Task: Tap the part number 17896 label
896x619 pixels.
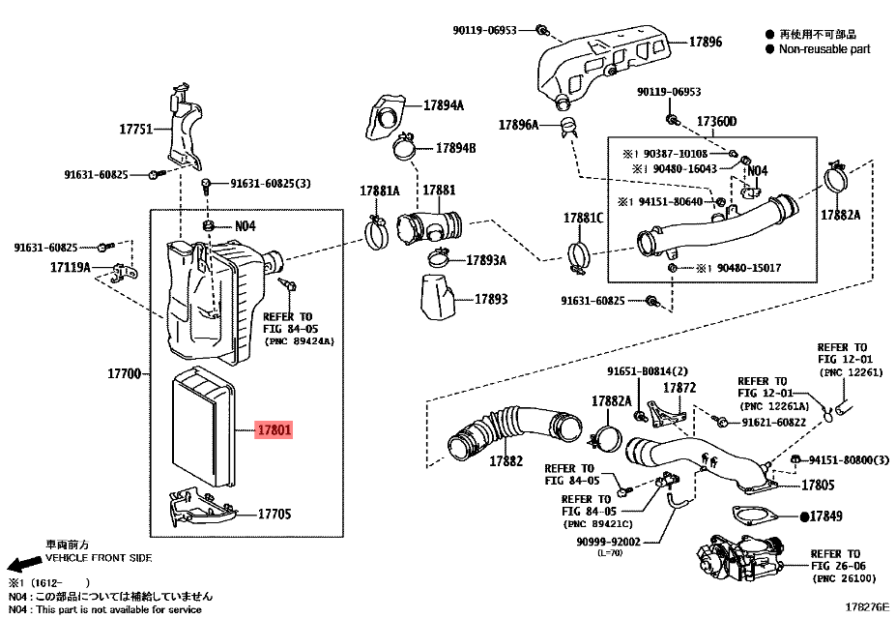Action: tap(705, 43)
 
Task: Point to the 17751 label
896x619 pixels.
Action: tap(136, 129)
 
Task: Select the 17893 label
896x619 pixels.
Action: tap(491, 300)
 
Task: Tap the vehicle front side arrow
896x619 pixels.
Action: tap(19, 564)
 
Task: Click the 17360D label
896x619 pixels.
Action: tap(716, 122)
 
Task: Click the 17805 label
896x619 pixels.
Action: tap(817, 484)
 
